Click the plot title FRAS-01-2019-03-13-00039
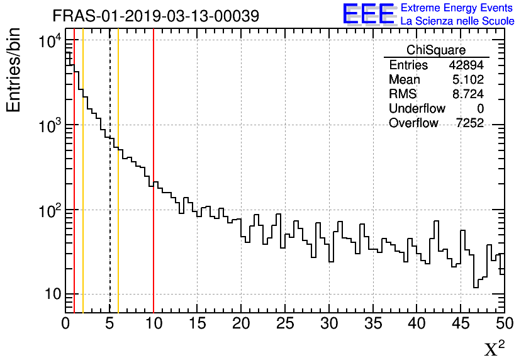[x=155, y=16]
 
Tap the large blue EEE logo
[x=369, y=14]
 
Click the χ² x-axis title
[x=495, y=348]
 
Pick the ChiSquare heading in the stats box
[x=436, y=50]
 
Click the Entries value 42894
[x=466, y=65]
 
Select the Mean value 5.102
[x=468, y=80]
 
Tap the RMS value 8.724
[x=468, y=94]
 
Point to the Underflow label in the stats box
[x=417, y=109]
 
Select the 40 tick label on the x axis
[x=417, y=323]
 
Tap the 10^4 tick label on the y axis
[x=49, y=42]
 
